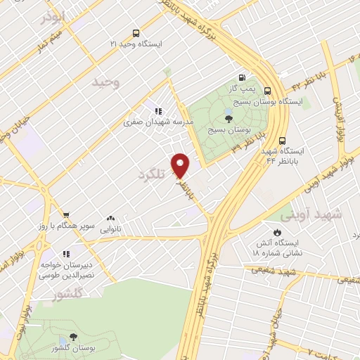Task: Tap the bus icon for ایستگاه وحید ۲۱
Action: pyautogui.click(x=135, y=33)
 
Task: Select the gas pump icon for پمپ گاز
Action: pyautogui.click(x=243, y=78)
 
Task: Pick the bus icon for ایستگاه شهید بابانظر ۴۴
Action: pyautogui.click(x=282, y=140)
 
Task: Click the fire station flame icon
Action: pyautogui.click(x=277, y=232)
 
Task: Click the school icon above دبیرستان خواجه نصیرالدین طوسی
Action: pyautogui.click(x=66, y=254)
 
